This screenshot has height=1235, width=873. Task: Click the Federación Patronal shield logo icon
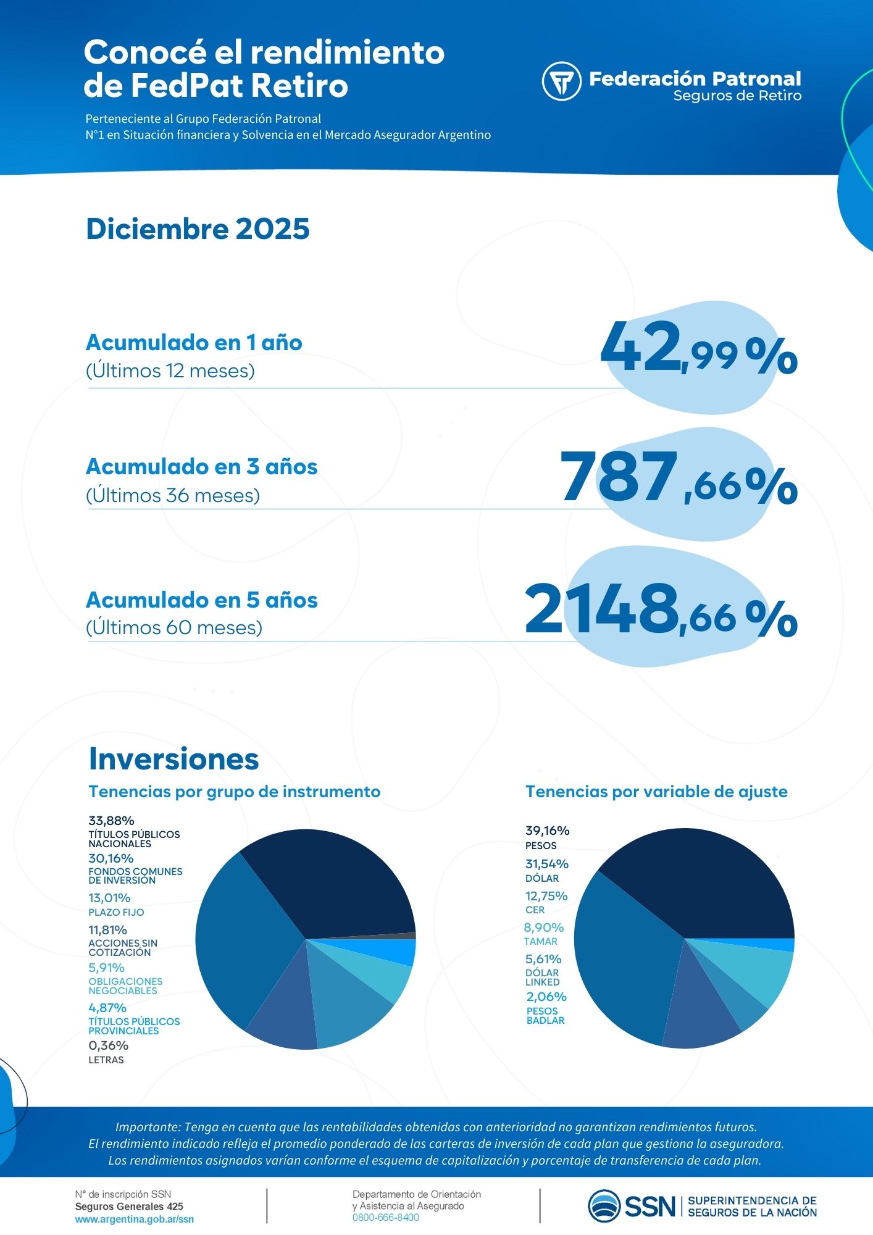pyautogui.click(x=561, y=81)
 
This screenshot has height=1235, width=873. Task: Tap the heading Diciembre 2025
pyautogui.click(x=198, y=229)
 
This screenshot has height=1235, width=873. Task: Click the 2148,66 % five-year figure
pyautogui.click(x=660, y=612)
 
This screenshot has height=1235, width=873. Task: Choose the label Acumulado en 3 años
pyautogui.click(x=202, y=467)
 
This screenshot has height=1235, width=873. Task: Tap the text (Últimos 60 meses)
pyautogui.click(x=174, y=628)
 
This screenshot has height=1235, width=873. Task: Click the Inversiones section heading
pyautogui.click(x=173, y=758)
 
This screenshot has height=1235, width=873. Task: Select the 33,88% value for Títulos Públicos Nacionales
pyautogui.click(x=111, y=821)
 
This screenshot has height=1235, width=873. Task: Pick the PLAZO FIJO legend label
pyautogui.click(x=116, y=912)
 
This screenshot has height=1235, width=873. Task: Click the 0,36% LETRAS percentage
pyautogui.click(x=108, y=1045)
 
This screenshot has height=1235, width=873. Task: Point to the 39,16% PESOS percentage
pyautogui.click(x=547, y=831)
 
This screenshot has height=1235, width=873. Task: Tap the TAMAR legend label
pyautogui.click(x=540, y=941)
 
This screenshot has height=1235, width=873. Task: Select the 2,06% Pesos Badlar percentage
pyautogui.click(x=546, y=997)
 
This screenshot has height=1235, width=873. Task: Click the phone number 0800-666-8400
pyautogui.click(x=385, y=1218)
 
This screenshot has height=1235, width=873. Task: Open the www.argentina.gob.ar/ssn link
pyautogui.click(x=134, y=1220)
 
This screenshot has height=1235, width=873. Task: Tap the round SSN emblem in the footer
pyautogui.click(x=604, y=1206)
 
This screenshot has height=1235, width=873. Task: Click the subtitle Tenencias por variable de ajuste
pyautogui.click(x=656, y=792)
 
